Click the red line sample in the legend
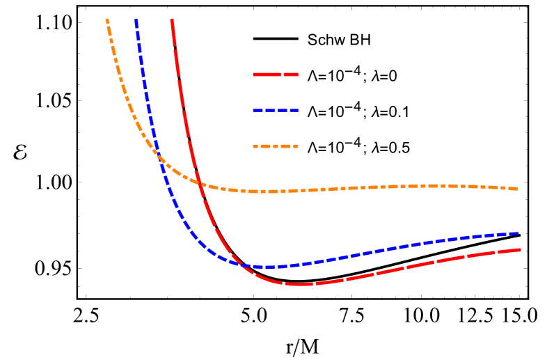click(x=276, y=74)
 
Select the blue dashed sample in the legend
click(x=276, y=110)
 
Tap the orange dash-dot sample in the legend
click(x=276, y=146)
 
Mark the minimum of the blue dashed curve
click(x=263, y=267)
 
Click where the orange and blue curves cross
click(x=158, y=156)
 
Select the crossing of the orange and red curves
click(x=200, y=183)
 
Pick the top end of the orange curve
click(x=106, y=20)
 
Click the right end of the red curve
click(x=520, y=249)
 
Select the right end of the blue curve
click(x=518, y=233)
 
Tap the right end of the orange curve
click(x=516, y=189)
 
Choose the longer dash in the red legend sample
click(x=266, y=74)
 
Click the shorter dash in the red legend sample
click(x=291, y=74)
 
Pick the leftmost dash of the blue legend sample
click(x=257, y=110)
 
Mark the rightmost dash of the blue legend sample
click(x=294, y=110)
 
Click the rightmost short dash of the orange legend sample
click(x=296, y=146)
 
